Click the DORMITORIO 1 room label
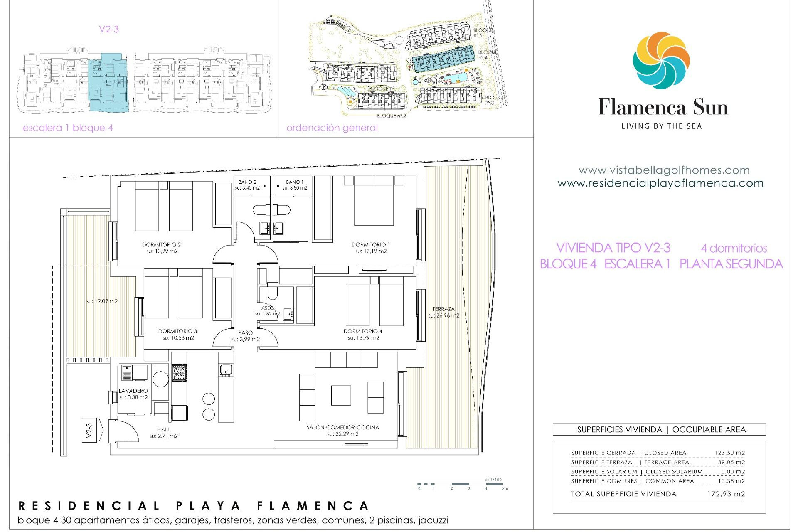coord(371,245)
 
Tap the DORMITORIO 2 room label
coord(161,245)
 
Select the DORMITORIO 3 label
coord(177,331)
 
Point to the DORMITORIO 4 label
coord(363,331)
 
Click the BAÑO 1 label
coord(295,182)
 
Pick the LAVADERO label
coord(133,391)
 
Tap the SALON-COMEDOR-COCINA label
coord(342,427)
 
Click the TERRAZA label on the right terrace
coord(443,309)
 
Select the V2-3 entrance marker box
coord(89,430)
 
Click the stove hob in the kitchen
coord(179,372)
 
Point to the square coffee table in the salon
coord(341,395)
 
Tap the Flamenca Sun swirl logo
coord(661,60)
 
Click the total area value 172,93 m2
coord(726,494)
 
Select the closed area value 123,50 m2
coord(729,453)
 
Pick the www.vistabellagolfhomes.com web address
coord(664,170)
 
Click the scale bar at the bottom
coord(461,484)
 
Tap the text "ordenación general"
coord(332,128)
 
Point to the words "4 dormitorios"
coord(734,248)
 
